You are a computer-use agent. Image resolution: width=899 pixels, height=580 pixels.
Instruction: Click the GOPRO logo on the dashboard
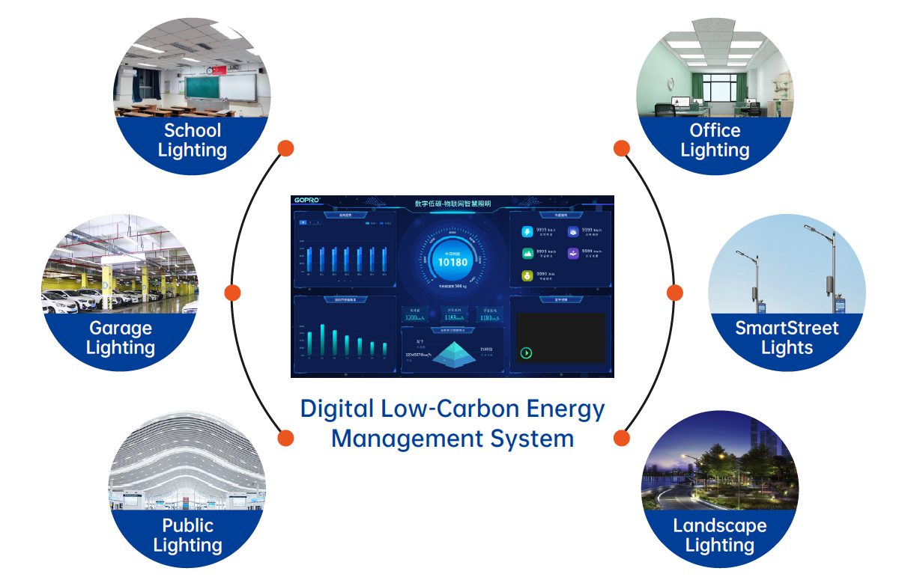point(307,201)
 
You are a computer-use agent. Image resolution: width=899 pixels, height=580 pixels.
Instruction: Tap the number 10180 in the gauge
point(452,262)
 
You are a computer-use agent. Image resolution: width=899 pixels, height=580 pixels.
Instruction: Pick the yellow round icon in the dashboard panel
point(527,275)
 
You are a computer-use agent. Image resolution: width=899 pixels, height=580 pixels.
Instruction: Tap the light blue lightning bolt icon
point(527,232)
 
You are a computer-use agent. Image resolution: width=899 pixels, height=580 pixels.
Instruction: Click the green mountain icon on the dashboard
point(527,254)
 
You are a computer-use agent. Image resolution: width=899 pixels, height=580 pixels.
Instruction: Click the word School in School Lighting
point(193,130)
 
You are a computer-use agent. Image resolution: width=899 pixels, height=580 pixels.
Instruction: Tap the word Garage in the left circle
point(121,328)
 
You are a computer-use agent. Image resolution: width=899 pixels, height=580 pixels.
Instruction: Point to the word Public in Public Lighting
point(188,525)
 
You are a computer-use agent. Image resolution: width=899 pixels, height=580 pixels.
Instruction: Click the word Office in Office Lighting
point(715,130)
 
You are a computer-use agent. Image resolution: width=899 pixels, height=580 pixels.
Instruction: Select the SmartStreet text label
point(787,328)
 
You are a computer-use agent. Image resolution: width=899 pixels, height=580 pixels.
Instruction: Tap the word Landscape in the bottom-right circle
point(719,525)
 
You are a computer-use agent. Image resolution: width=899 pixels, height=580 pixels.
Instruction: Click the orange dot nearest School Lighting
point(285,148)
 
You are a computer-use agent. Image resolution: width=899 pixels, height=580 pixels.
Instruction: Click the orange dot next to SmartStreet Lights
point(675,293)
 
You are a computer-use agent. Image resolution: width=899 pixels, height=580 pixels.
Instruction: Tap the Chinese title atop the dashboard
point(452,204)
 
